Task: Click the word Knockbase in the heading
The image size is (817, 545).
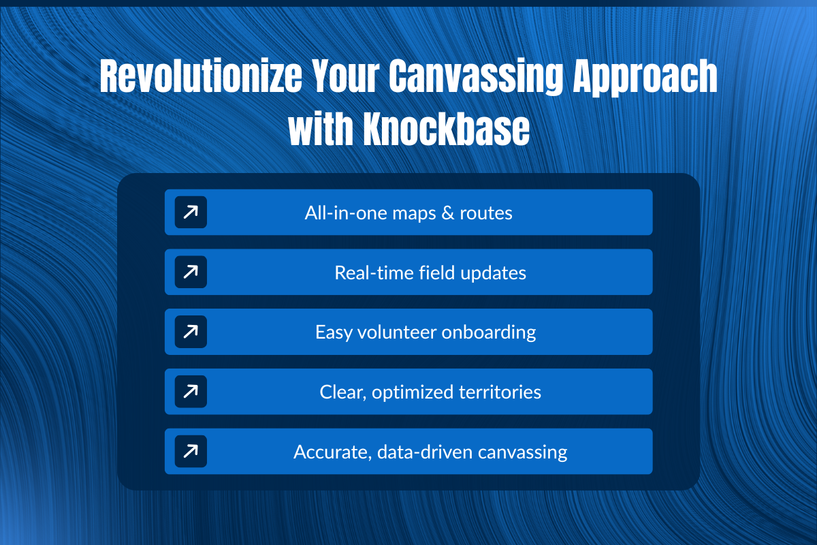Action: point(446,131)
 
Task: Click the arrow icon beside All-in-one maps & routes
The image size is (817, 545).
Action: point(191,213)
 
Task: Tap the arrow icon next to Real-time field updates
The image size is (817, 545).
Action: point(191,272)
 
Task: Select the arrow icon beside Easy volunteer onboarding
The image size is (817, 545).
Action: point(191,332)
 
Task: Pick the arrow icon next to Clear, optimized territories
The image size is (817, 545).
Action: point(191,392)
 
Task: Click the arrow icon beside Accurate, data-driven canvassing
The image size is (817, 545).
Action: point(191,451)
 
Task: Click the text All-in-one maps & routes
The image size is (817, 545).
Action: point(408,213)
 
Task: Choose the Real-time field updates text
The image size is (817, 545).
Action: point(430,272)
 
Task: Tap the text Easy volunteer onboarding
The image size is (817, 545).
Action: point(426,332)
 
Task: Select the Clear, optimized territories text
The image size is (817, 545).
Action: point(430,392)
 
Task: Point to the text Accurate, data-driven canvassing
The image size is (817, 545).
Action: point(430,451)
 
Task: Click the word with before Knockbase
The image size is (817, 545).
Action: point(321,131)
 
